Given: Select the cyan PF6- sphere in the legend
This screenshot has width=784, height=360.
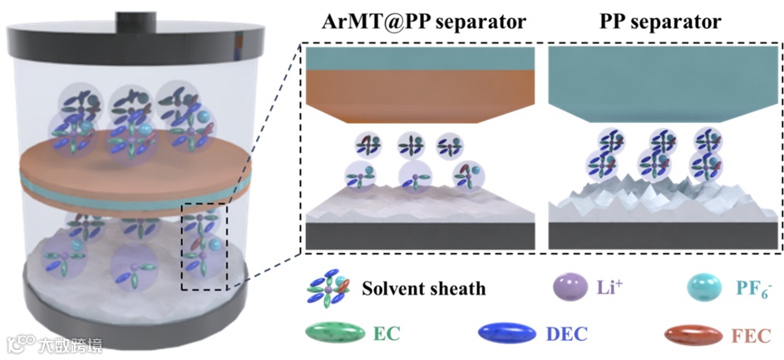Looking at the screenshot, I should [703, 289].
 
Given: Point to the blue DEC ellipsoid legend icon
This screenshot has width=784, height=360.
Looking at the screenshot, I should [504, 334].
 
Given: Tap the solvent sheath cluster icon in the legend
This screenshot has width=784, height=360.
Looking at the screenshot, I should [330, 289].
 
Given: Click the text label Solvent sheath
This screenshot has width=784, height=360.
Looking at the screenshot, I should [424, 289].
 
